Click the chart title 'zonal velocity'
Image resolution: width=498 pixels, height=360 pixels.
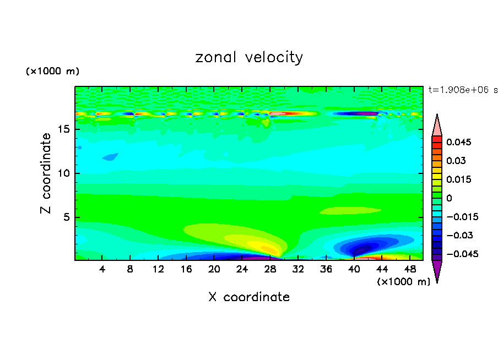click(249, 57)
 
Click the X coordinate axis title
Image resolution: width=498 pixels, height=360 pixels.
click(249, 297)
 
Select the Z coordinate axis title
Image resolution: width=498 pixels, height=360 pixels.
click(46, 173)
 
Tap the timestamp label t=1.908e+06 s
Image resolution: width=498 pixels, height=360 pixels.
click(463, 89)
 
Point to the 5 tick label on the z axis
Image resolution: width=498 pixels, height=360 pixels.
click(66, 217)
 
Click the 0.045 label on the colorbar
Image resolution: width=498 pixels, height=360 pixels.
click(459, 142)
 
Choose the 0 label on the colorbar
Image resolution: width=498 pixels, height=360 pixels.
click(449, 198)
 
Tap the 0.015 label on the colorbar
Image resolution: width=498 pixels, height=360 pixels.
click(459, 179)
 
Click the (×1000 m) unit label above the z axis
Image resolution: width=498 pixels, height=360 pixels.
click(52, 72)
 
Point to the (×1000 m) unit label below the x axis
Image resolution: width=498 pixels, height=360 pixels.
click(403, 282)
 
